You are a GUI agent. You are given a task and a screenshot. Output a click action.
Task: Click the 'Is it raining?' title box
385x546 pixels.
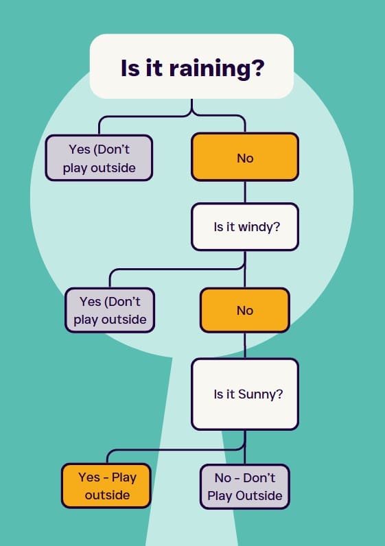click(191, 66)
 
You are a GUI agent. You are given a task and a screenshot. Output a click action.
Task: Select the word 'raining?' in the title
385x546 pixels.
click(217, 69)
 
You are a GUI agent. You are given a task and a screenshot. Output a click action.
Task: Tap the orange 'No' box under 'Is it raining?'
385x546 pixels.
click(245, 157)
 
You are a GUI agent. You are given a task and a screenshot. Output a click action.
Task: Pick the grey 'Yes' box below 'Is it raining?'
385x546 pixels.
click(99, 158)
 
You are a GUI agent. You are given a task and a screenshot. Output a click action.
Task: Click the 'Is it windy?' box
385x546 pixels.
click(245, 226)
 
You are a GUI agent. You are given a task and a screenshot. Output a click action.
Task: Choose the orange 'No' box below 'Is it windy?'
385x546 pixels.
click(245, 310)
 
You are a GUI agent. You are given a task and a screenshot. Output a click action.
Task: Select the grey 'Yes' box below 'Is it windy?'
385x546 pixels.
click(110, 310)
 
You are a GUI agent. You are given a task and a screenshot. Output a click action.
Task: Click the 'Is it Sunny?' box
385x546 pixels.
click(245, 394)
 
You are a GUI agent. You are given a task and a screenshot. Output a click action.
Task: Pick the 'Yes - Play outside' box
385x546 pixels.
click(106, 486)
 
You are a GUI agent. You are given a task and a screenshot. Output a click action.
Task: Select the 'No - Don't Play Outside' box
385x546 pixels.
click(245, 486)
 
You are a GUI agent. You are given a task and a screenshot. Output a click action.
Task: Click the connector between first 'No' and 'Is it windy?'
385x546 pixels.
click(245, 192)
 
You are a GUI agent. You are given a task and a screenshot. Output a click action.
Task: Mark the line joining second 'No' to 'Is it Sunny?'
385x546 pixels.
click(245, 346)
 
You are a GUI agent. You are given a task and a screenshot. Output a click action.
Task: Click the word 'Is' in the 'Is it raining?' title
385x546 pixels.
click(130, 68)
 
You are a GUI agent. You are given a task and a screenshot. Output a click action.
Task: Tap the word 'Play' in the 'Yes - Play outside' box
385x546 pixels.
click(124, 477)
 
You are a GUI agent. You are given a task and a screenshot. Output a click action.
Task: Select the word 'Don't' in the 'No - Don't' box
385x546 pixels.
click(259, 477)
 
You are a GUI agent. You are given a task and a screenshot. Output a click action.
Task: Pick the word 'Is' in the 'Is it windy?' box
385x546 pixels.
click(218, 226)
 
